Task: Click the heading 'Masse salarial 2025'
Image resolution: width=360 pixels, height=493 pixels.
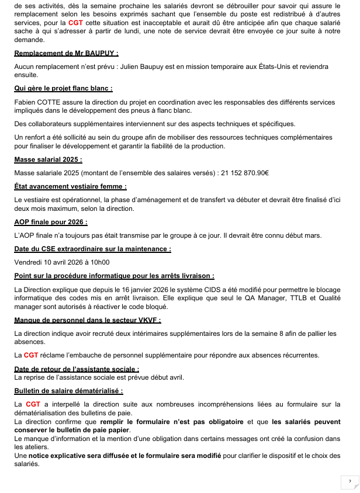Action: (x=48, y=159)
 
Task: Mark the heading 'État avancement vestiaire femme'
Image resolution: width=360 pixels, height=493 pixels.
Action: (x=70, y=186)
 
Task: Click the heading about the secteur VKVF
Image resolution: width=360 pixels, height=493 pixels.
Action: (x=87, y=320)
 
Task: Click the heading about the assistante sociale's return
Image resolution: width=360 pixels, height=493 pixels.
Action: (x=77, y=369)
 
